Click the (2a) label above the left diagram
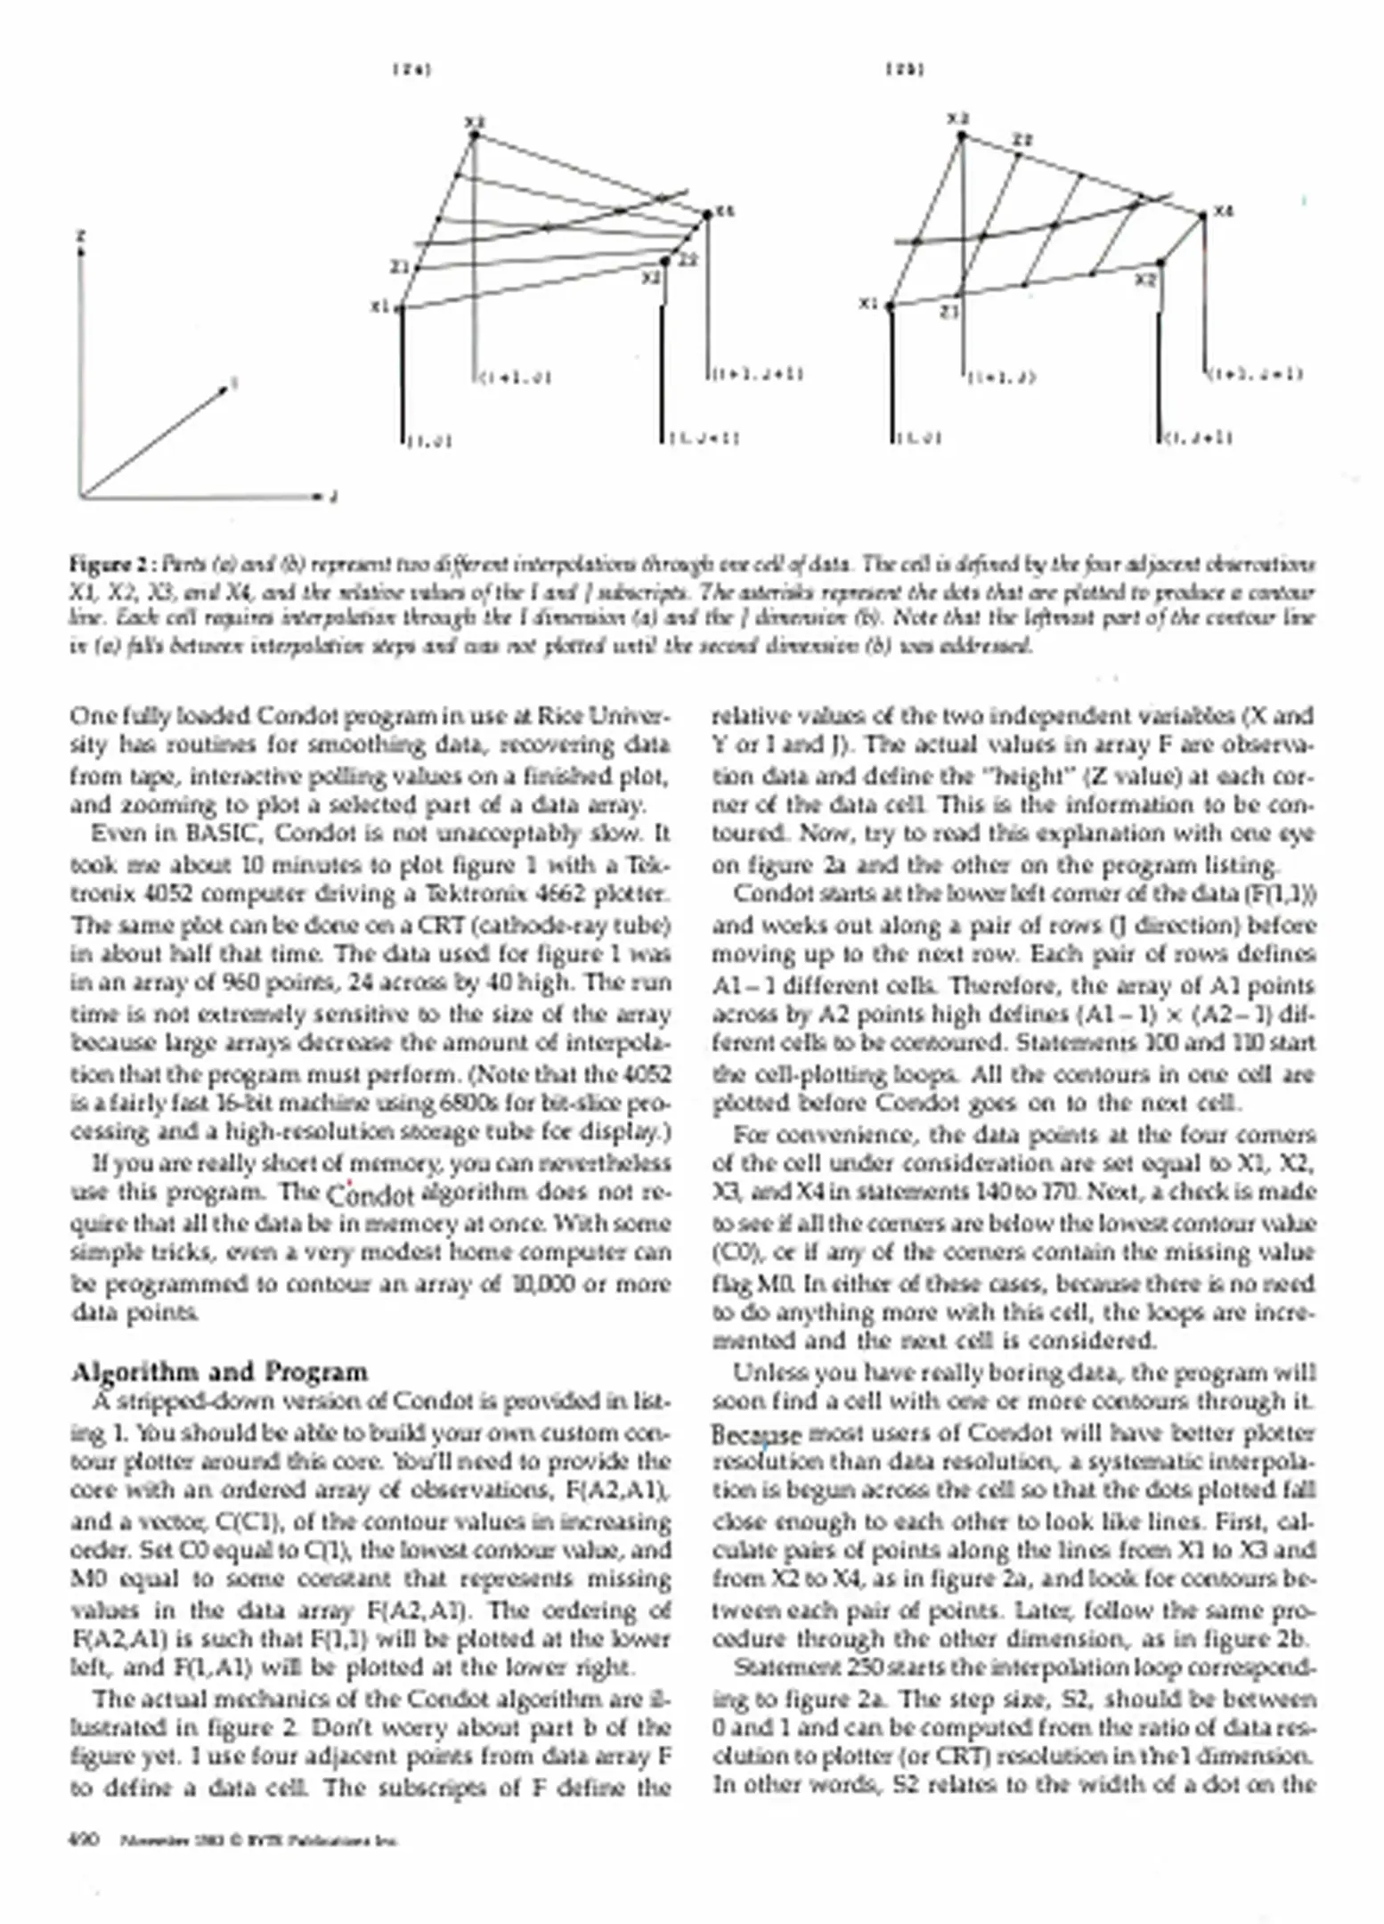[411, 69]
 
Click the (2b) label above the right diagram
[904, 69]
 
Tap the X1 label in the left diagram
[379, 306]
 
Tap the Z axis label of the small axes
[81, 236]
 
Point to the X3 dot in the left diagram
[475, 135]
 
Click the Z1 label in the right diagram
[950, 312]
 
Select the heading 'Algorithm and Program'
[219, 1372]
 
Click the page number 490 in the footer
[85, 1840]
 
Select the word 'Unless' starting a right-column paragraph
[765, 1373]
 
